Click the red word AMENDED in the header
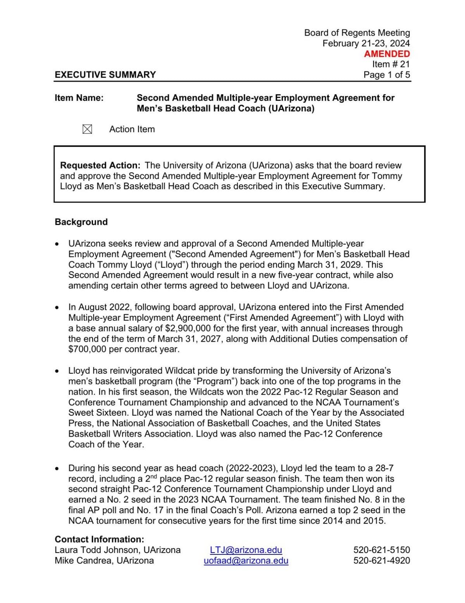[x=387, y=54]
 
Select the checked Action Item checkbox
[x=87, y=129]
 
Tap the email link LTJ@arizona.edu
[x=246, y=550]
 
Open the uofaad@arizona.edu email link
[x=246, y=560]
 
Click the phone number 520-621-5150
[x=381, y=550]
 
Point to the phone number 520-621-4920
[x=381, y=560]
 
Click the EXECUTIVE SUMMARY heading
[x=105, y=75]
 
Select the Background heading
[x=81, y=222]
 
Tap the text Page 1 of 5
[x=386, y=75]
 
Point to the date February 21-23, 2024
[x=366, y=43]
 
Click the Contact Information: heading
[x=99, y=539]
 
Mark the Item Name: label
[x=79, y=98]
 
